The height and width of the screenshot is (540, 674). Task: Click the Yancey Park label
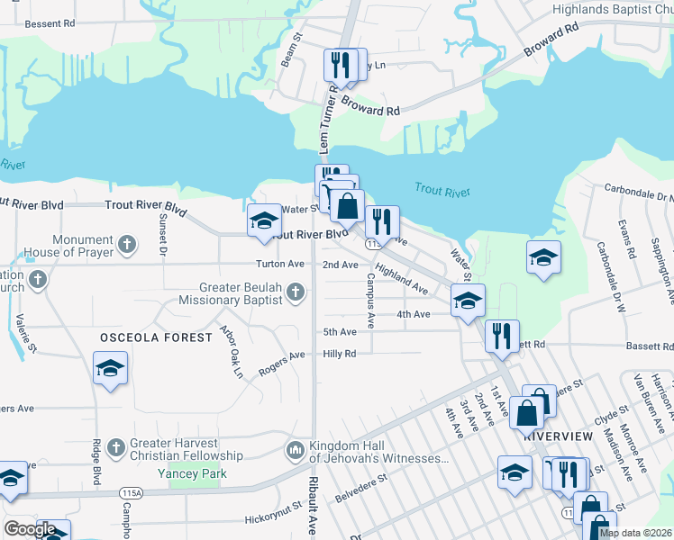tap(192, 473)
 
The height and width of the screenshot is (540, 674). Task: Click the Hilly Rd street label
tap(340, 354)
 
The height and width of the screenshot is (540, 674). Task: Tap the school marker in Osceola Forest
tap(110, 369)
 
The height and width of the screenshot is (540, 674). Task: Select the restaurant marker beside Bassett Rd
tap(502, 336)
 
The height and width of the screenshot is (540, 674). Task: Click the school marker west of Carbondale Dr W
tap(544, 257)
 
